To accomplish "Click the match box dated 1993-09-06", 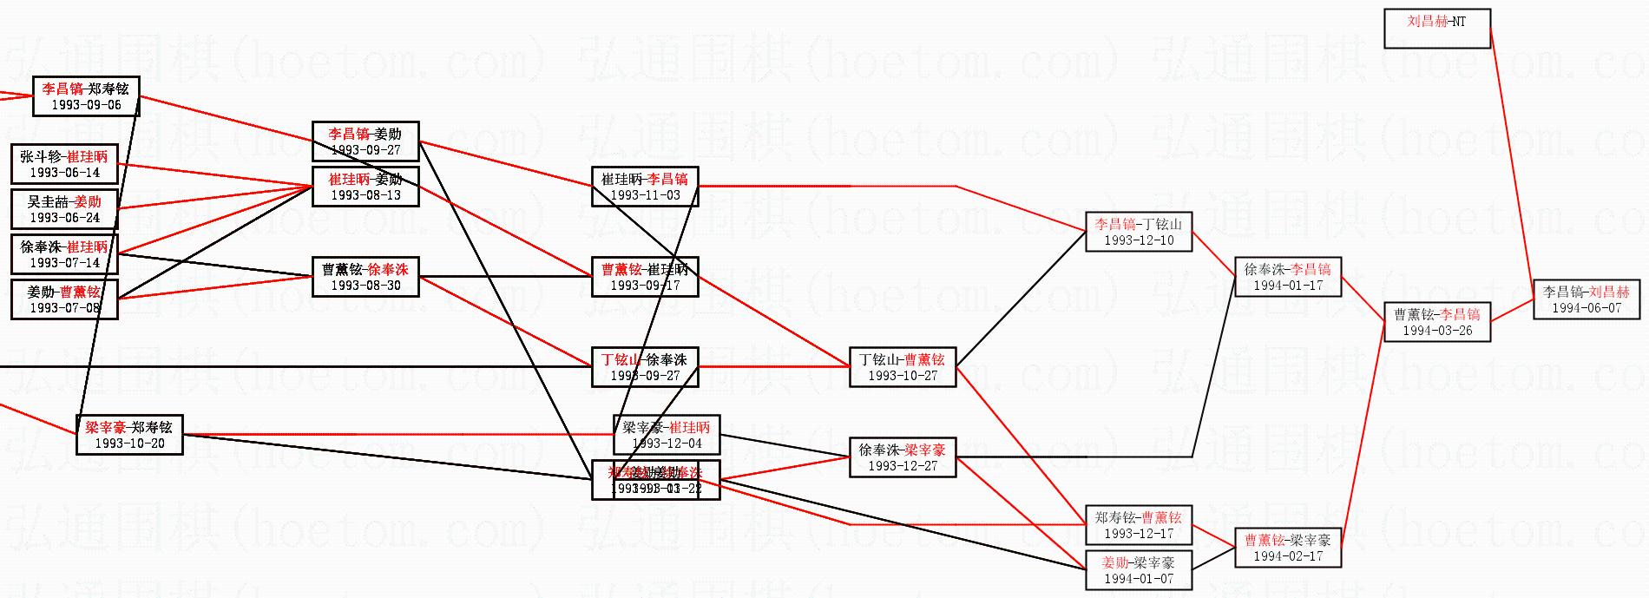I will (x=86, y=96).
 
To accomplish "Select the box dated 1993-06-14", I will (x=64, y=164).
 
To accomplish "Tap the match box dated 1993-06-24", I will (x=64, y=209).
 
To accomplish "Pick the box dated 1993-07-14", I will (x=64, y=254).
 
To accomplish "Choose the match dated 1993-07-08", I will (x=64, y=299).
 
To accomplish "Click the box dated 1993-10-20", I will (x=129, y=435).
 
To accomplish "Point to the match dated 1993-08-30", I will (x=365, y=277).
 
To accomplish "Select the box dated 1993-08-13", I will (x=365, y=187).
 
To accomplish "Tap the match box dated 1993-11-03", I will (x=645, y=187).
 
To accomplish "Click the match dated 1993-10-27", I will (x=903, y=367).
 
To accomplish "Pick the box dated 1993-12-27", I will (x=903, y=457).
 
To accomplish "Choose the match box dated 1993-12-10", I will (x=1139, y=232).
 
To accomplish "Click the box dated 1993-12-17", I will (x=1139, y=525).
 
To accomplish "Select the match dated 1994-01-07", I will (x=1139, y=570).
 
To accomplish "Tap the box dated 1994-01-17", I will (x=1288, y=277).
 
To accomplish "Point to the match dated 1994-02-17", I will (x=1288, y=548).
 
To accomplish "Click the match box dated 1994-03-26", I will (x=1437, y=322).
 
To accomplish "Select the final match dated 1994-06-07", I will (x=1587, y=299).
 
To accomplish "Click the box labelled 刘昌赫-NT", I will (x=1437, y=29).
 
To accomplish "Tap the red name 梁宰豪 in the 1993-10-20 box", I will (x=106, y=427).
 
